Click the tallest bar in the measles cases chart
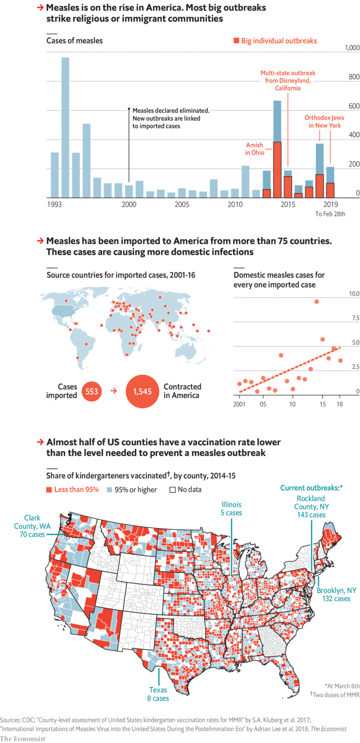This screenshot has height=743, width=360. (x=65, y=127)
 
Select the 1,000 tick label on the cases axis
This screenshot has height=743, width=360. (x=352, y=49)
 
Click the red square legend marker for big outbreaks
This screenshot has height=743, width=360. (x=236, y=41)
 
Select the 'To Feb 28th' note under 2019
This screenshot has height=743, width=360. (x=330, y=214)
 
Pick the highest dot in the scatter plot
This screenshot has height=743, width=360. (x=317, y=301)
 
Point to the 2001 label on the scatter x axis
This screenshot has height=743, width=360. (x=239, y=404)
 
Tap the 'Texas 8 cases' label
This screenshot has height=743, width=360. (x=157, y=694)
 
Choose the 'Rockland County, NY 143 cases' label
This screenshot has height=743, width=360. (x=310, y=506)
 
